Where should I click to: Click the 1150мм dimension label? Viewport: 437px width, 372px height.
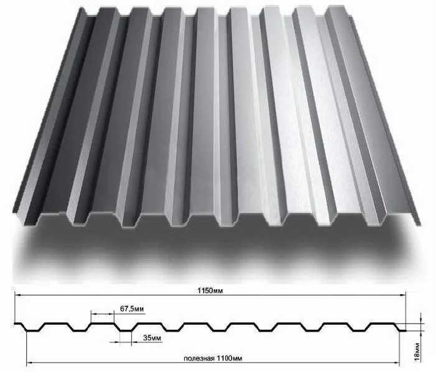coord(210,291)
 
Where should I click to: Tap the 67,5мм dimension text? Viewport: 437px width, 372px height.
coord(132,309)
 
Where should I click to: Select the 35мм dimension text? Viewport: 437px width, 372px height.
coord(152,338)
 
